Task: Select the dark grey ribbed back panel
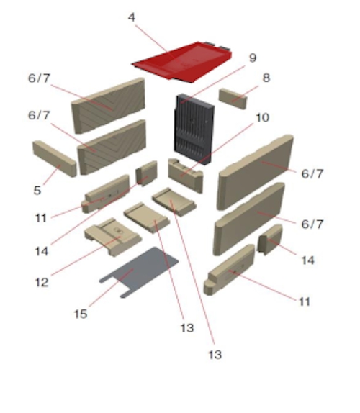pos(194,129)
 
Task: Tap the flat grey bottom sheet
pos(139,272)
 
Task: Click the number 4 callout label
pos(132,17)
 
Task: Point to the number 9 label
pos(253,58)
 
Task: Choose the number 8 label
pos(266,78)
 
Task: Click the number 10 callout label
pos(263,117)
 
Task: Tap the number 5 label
pos(37,190)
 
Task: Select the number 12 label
pos(42,282)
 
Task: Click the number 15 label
pos(81,314)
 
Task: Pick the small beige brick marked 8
pos(233,99)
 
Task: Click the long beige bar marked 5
pos(55,158)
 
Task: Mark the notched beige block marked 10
pos(186,175)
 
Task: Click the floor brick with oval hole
pos(113,237)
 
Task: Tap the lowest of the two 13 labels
pos(215,355)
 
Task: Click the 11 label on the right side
pos(305,301)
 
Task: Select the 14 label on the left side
pos(42,251)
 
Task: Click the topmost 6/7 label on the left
pos(39,78)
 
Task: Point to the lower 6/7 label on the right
pos(312,224)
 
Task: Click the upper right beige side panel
pos(255,172)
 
